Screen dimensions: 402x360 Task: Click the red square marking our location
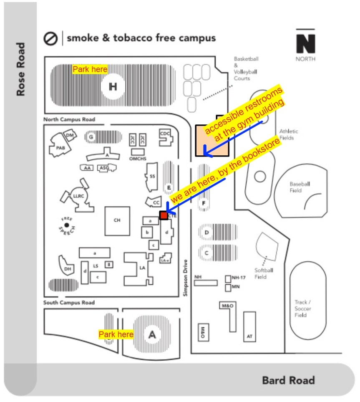click(164, 215)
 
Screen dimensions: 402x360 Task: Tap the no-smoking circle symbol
click(50, 39)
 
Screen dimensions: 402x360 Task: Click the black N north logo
click(305, 43)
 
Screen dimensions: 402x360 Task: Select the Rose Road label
click(20, 69)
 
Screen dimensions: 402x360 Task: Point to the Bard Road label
click(288, 380)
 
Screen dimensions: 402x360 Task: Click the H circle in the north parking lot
click(113, 87)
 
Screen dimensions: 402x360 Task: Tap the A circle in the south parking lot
click(152, 334)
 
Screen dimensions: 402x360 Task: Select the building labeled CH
click(117, 220)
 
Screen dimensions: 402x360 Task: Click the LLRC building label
click(78, 195)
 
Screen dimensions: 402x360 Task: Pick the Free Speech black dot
click(67, 225)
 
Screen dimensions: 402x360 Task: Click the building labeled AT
click(249, 327)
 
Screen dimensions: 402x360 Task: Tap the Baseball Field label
click(300, 187)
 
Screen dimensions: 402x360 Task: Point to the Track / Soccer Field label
click(303, 308)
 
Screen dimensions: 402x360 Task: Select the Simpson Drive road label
click(186, 278)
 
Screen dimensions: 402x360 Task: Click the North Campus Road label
click(69, 120)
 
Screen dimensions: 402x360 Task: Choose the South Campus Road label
click(69, 302)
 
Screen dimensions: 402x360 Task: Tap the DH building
click(68, 269)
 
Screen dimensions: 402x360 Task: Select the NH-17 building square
click(228, 278)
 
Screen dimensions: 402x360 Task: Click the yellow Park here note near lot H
click(90, 69)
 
